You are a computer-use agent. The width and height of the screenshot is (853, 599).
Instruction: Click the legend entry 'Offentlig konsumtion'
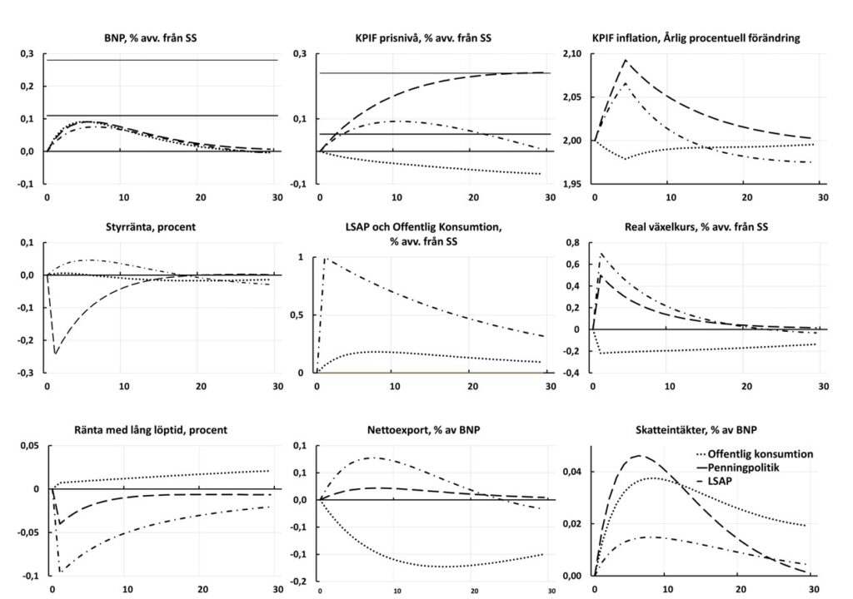coord(755,454)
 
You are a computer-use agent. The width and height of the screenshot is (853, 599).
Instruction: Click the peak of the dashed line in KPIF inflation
coord(625,60)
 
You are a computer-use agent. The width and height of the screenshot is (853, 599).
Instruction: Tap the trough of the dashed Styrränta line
coord(55,354)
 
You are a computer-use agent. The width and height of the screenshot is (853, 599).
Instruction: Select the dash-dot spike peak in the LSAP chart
coord(325,258)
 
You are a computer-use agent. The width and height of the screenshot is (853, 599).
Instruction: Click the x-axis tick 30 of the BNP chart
coord(278,197)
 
